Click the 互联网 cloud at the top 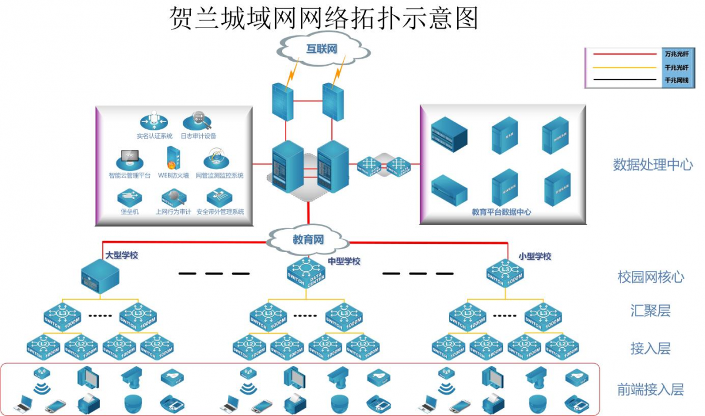tap(321, 48)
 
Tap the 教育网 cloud tap(308, 240)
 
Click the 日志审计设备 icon tap(197, 120)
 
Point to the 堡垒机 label tap(129, 212)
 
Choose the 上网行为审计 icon tap(173, 197)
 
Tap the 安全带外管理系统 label tap(220, 212)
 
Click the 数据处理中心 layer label tap(653, 165)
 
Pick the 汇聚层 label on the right tap(650, 311)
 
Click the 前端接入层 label tap(650, 389)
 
